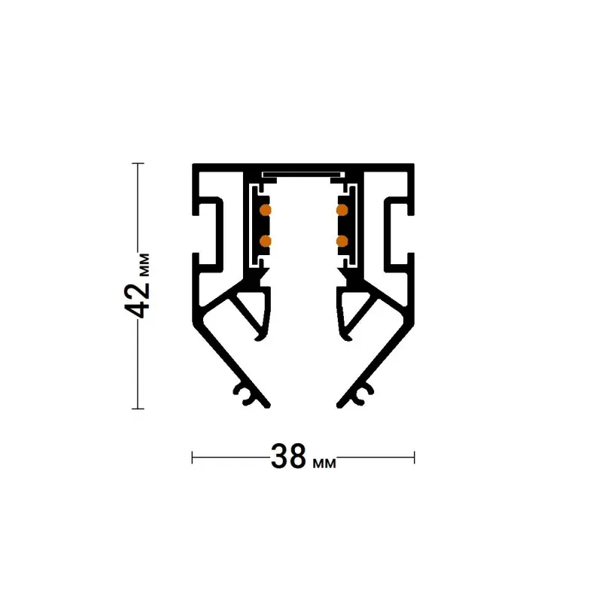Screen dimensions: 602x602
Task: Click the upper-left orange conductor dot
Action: click(266, 210)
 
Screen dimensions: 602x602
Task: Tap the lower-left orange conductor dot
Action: click(266, 241)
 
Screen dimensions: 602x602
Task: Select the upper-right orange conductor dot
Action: click(342, 210)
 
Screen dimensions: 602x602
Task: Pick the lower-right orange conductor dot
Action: click(342, 241)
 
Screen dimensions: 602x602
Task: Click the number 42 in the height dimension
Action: click(138, 301)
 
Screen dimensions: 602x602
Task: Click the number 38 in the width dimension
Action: click(289, 457)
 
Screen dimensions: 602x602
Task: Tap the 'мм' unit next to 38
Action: click(324, 464)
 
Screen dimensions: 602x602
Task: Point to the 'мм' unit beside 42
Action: click(144, 265)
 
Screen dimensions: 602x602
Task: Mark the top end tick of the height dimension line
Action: click(138, 163)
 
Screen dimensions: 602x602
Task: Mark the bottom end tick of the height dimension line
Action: click(138, 409)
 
